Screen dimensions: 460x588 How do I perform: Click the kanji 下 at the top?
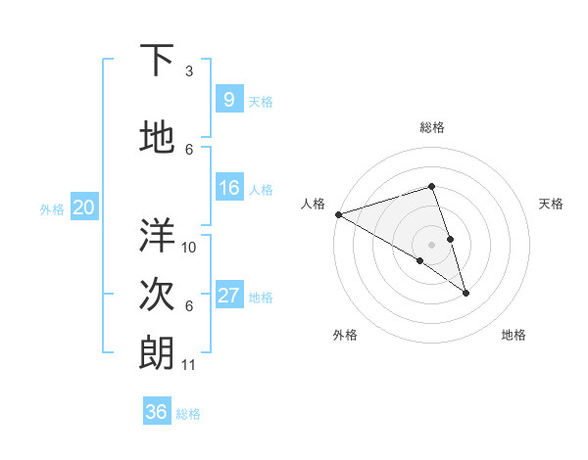[x=158, y=62]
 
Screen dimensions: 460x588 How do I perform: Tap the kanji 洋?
[x=158, y=236]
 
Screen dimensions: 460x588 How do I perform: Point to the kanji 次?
[x=158, y=295]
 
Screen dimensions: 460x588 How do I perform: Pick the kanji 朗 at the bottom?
[x=158, y=353]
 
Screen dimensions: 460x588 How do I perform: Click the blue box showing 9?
[x=228, y=100]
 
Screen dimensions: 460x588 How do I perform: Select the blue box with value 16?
[x=228, y=189]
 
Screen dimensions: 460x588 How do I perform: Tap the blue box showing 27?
[x=228, y=296]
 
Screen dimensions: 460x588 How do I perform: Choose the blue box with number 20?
[x=84, y=207]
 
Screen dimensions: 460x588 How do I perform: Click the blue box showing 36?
[x=157, y=412]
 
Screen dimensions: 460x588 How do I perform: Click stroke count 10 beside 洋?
[x=189, y=247]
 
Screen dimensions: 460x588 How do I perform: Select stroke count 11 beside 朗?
[x=189, y=365]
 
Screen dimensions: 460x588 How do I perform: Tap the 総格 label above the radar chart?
[x=431, y=127]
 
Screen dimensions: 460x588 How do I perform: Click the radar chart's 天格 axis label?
[x=551, y=204]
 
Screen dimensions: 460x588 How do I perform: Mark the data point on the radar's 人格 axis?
[x=338, y=213]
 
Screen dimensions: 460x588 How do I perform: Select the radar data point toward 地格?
[x=465, y=292]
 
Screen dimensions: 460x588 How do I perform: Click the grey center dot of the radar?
[x=431, y=244]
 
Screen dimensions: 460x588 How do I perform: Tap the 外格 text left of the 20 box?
[x=52, y=208]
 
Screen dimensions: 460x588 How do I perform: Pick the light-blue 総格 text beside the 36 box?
[x=188, y=414]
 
